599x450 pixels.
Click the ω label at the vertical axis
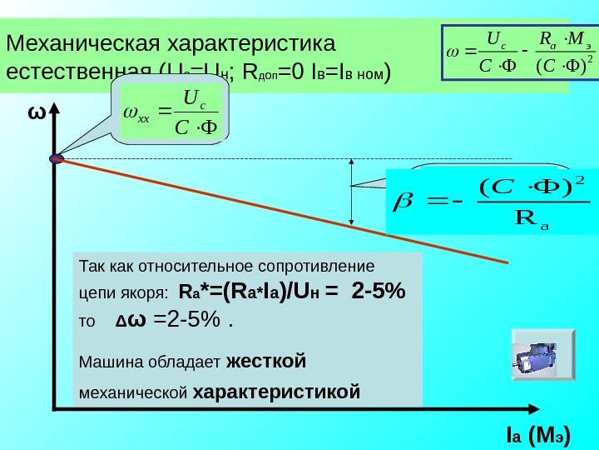click(36, 113)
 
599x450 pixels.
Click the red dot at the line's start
click(57, 158)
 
